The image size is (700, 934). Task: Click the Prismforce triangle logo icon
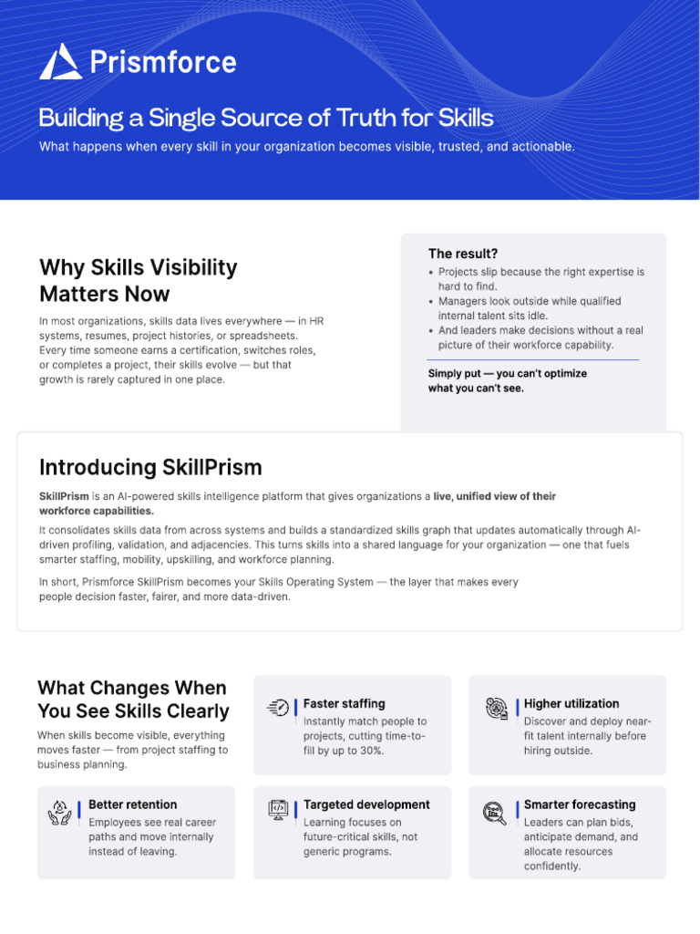click(x=60, y=62)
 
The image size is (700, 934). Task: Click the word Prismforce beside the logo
click(x=163, y=63)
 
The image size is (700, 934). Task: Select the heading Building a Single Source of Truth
click(x=266, y=118)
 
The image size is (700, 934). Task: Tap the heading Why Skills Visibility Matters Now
click(x=139, y=281)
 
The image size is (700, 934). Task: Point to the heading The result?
click(x=462, y=254)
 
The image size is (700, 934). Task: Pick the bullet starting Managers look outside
click(x=524, y=308)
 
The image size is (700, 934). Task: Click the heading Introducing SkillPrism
click(x=150, y=468)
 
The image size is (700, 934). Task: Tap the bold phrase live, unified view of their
click(x=494, y=496)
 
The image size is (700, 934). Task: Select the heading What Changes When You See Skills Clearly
click(x=133, y=700)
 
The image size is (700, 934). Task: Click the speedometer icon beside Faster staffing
click(x=278, y=707)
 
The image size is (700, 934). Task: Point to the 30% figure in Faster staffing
click(x=371, y=751)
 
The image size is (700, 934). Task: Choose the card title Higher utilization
click(x=571, y=703)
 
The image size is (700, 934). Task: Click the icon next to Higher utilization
click(x=497, y=708)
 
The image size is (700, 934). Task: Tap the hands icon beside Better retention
click(x=59, y=813)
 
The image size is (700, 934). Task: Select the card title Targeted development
click(x=366, y=804)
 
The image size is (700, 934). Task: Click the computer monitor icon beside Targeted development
click(x=278, y=810)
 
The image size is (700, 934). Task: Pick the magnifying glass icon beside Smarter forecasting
click(x=495, y=813)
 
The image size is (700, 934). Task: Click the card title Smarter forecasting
click(x=580, y=804)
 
